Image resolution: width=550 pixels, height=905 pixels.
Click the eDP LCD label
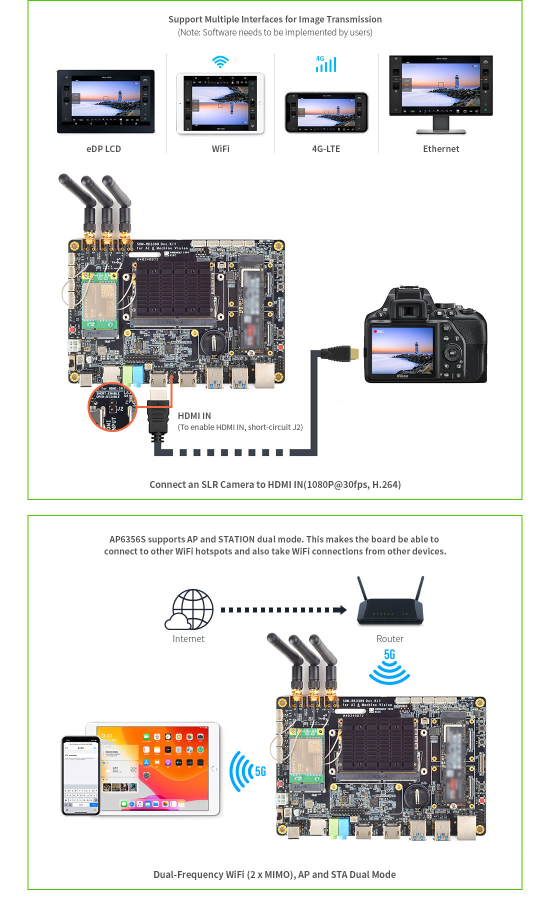[103, 149]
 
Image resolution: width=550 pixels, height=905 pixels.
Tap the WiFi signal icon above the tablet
[220, 62]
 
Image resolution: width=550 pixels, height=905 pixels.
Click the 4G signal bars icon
[326, 64]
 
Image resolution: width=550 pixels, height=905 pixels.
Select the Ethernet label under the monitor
[441, 149]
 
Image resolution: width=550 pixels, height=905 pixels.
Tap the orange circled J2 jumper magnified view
[112, 407]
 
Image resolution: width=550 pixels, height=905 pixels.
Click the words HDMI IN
[194, 416]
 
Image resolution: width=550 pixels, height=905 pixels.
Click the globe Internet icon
[190, 609]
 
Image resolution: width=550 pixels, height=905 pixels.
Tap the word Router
[389, 639]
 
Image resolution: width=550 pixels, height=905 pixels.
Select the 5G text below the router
[389, 654]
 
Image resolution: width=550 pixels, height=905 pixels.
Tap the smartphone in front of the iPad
[80, 775]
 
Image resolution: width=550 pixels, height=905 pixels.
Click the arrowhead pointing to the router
[342, 610]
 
